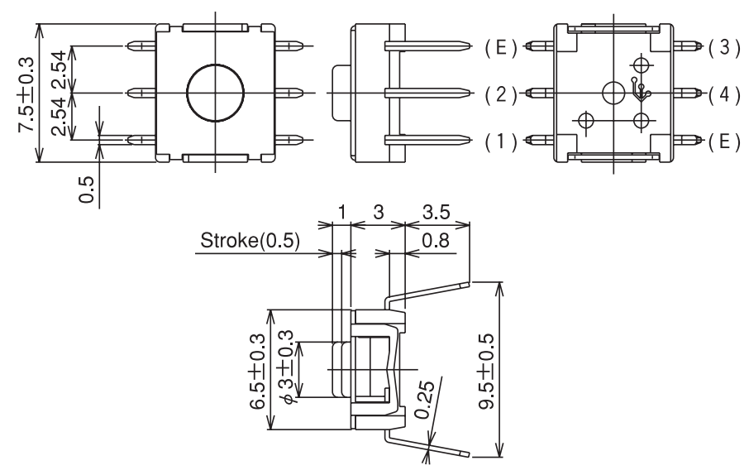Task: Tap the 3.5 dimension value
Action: [x=437, y=213]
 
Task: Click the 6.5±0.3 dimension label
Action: [x=259, y=370]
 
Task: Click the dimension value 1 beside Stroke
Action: [x=341, y=213]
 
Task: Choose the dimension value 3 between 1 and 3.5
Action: [x=378, y=213]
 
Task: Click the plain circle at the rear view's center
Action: [x=613, y=92]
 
